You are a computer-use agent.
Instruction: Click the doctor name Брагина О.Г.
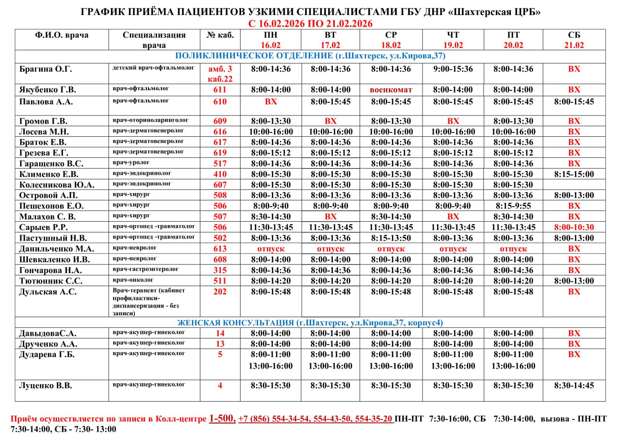tap(46, 69)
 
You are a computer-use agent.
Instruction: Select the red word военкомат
tap(391, 90)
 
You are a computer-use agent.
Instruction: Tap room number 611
tap(220, 90)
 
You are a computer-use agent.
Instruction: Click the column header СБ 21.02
tap(574, 40)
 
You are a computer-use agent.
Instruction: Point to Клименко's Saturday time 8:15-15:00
tap(574, 174)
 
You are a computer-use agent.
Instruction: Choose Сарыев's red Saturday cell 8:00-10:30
tap(574, 228)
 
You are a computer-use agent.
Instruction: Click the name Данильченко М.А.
tap(57, 249)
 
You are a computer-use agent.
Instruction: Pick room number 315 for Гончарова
tap(220, 270)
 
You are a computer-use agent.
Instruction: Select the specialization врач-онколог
tap(133, 280)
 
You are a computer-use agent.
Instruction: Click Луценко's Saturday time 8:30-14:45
tap(574, 386)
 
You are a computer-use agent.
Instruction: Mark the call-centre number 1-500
tap(222, 418)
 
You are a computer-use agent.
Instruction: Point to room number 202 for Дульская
tap(220, 292)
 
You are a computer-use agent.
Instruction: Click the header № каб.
tap(220, 35)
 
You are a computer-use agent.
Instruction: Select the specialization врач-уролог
tap(131, 163)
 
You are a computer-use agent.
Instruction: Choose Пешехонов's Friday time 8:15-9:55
tap(513, 206)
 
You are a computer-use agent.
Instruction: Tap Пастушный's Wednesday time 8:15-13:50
tap(391, 238)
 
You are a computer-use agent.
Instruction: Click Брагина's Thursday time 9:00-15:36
tap(453, 69)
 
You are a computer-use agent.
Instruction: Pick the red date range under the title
tap(310, 24)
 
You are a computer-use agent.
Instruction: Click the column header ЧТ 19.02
tap(453, 40)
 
